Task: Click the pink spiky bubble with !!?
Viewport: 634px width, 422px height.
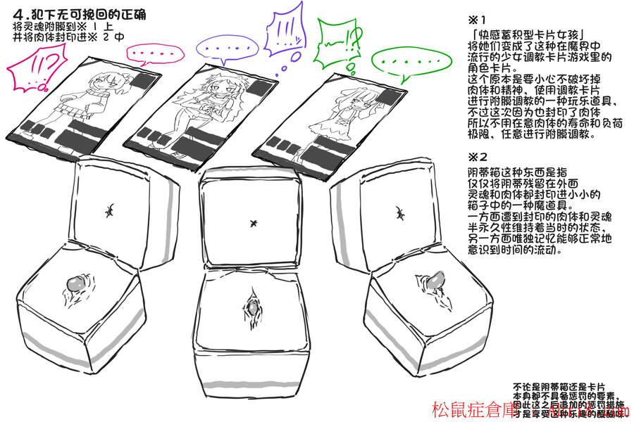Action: tap(32, 71)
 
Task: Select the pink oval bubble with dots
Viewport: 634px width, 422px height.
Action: tap(150, 53)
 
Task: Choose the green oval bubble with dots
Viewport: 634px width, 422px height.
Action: tap(397, 62)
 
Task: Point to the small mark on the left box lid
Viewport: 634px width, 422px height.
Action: tap(111, 210)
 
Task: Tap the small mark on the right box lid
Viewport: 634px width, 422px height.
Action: tap(399, 212)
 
